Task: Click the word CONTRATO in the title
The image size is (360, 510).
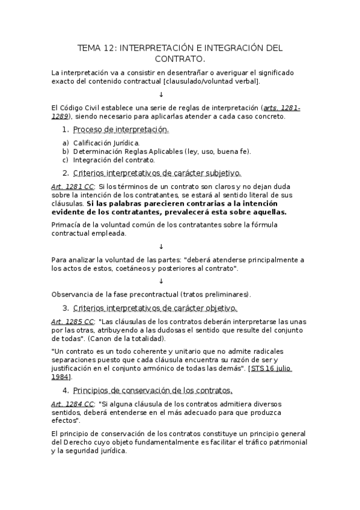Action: [x=180, y=59]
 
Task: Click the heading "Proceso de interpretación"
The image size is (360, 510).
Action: [x=121, y=130]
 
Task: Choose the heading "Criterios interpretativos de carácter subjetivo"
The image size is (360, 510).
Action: [x=156, y=173]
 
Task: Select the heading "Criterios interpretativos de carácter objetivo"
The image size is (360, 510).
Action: [x=155, y=308]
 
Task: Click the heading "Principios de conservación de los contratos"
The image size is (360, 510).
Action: [x=152, y=390]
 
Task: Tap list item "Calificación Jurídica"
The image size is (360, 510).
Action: [x=106, y=143]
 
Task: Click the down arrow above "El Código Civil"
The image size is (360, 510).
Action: [x=161, y=94]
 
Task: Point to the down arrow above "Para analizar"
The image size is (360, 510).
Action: [x=161, y=247]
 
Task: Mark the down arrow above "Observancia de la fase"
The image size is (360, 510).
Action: [x=161, y=281]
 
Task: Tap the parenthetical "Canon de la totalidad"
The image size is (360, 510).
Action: [x=127, y=339]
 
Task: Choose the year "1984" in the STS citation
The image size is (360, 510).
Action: [x=60, y=377]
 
